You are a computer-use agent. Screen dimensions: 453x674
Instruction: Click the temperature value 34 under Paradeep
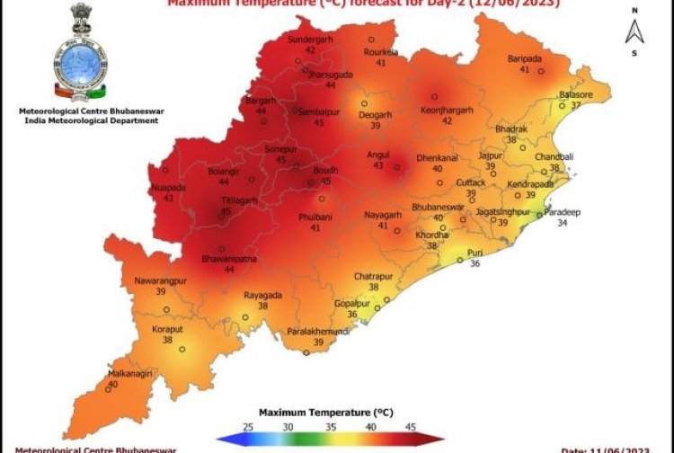click(562, 223)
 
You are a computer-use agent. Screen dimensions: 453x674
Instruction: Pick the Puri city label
click(475, 253)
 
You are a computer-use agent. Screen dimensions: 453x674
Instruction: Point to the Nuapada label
click(168, 187)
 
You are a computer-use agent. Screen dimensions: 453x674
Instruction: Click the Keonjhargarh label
click(447, 111)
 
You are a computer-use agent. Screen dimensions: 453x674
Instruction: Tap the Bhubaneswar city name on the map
click(438, 208)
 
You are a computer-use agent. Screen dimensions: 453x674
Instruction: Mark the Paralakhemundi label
click(318, 332)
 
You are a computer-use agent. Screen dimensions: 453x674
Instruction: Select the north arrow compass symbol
click(634, 31)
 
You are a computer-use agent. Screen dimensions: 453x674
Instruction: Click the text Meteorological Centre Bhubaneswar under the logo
click(86, 111)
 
